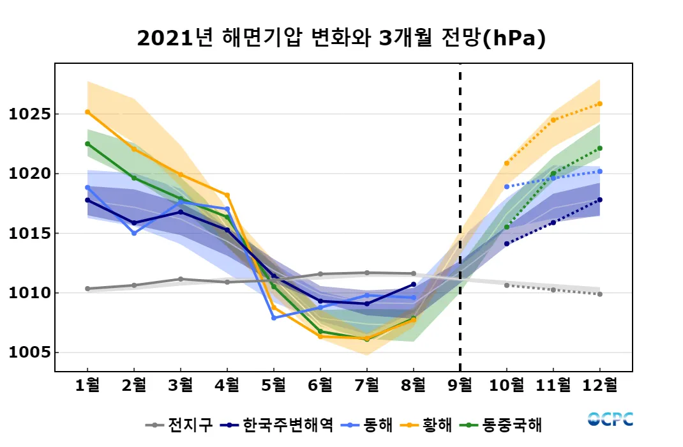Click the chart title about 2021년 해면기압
[x=341, y=39]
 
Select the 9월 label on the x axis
[x=460, y=386]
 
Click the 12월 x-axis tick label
[x=600, y=386]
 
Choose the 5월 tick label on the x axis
[x=274, y=386]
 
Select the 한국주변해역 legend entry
[x=277, y=425]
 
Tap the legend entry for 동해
[x=370, y=425]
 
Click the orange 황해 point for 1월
[x=87, y=112]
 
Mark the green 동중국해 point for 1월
[x=87, y=144]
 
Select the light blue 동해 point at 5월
[x=274, y=317]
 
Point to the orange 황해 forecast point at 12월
[x=600, y=103]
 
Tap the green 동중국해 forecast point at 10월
[x=507, y=227]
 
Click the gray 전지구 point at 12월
[x=600, y=294]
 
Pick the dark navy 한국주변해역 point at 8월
[x=414, y=284]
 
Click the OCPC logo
[x=610, y=420]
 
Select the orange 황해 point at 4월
[x=227, y=195]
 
